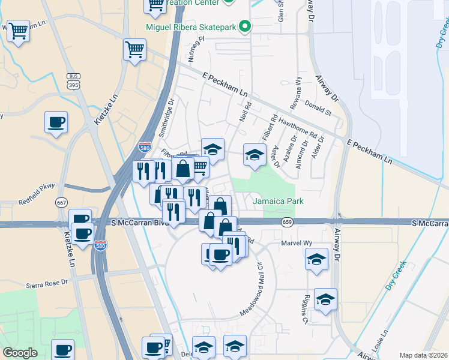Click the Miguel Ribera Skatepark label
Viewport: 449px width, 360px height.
click(191, 27)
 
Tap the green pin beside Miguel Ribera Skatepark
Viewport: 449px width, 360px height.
click(244, 26)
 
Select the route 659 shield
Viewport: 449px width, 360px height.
click(287, 222)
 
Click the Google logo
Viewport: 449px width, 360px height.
click(20, 353)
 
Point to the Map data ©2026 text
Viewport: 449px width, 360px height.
click(423, 355)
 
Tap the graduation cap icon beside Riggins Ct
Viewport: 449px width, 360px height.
click(325, 299)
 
